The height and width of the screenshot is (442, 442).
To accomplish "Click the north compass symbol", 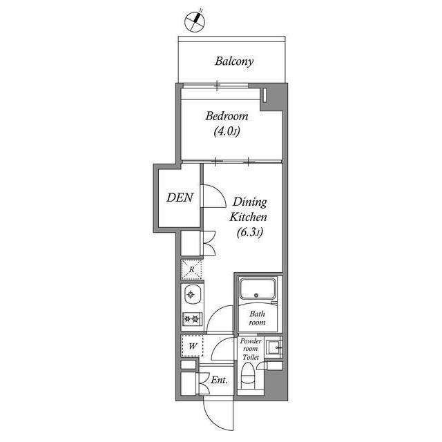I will pyautogui.click(x=195, y=21).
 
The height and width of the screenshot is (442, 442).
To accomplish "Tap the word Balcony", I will pyautogui.click(x=234, y=61).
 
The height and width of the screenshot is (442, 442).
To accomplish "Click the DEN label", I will pyautogui.click(x=180, y=198).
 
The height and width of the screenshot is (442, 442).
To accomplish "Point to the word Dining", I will pyautogui.click(x=249, y=202).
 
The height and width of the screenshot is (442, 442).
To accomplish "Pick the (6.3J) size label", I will pyautogui.click(x=248, y=233).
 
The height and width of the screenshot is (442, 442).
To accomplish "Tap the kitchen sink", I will pyautogui.click(x=192, y=295).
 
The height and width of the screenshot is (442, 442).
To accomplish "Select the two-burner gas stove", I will pyautogui.click(x=191, y=319).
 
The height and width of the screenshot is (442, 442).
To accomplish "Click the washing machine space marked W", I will pyautogui.click(x=191, y=344).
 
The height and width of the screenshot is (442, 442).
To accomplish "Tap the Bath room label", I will pyautogui.click(x=257, y=317).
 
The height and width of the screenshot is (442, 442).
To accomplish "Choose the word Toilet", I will pyautogui.click(x=250, y=358).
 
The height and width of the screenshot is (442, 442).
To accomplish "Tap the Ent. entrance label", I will pyautogui.click(x=220, y=379).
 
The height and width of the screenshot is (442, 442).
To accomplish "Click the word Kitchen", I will pyautogui.click(x=248, y=218).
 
